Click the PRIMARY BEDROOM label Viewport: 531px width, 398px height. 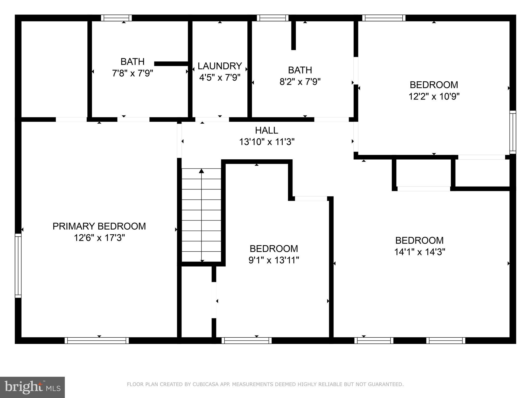click(99, 226)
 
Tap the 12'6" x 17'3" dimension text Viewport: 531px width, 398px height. click(99, 238)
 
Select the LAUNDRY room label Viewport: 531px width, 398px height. click(220, 66)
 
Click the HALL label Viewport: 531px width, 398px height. click(267, 130)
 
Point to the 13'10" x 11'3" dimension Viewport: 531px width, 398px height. click(267, 142)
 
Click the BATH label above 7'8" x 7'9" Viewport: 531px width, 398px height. click(132, 62)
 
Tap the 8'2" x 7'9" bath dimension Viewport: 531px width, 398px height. click(300, 82)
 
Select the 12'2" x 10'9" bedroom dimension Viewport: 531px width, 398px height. click(434, 97)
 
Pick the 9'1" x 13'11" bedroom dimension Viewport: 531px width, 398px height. click(274, 260)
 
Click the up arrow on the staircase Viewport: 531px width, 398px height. click(201, 171)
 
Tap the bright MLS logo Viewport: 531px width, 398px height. click(32, 387)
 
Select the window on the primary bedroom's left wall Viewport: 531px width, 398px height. click(18, 265)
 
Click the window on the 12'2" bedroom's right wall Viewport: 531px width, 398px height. click(513, 132)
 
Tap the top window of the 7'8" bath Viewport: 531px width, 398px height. click(116, 18)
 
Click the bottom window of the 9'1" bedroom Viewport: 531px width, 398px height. click(247, 340)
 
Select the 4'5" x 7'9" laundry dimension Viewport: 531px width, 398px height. click(220, 77)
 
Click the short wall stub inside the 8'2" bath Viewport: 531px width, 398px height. click(293, 35)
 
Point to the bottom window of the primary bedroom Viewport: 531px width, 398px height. click(96, 340)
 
